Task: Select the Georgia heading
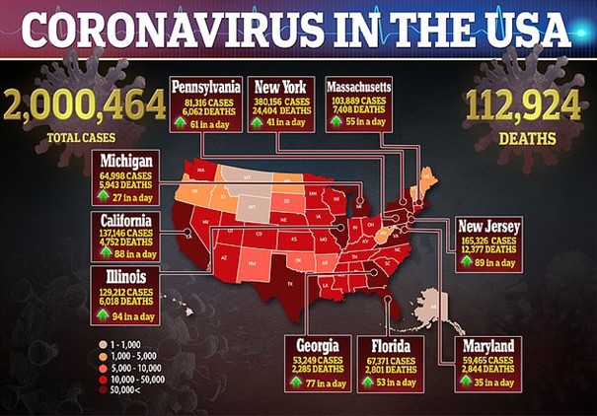coord(317,346)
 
